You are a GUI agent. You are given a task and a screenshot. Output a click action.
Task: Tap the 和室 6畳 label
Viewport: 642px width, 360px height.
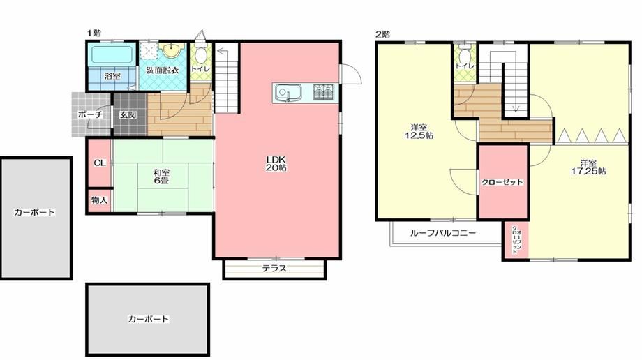(160, 177)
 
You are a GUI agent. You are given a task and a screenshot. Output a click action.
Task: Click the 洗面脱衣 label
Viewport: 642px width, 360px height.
(161, 70)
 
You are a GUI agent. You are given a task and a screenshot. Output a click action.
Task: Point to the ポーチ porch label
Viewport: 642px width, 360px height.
(90, 114)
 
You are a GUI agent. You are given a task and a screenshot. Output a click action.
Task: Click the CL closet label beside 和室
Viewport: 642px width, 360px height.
(99, 163)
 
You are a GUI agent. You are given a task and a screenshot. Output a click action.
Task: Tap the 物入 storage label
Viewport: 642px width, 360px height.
(99, 200)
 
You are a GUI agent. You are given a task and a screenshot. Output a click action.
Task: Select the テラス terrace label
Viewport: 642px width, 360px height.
(274, 269)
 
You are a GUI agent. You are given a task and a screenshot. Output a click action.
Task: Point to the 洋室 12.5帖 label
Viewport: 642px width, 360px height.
(419, 131)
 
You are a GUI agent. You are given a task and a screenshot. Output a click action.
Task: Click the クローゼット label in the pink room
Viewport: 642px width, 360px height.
(502, 182)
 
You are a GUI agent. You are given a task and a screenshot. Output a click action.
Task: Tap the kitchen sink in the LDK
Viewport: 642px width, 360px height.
(287, 91)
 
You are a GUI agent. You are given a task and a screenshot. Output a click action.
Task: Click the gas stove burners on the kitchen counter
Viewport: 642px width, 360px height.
(323, 91)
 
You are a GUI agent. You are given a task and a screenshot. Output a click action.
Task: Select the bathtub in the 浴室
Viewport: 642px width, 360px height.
(111, 54)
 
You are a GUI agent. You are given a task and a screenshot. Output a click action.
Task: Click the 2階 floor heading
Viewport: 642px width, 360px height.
(382, 33)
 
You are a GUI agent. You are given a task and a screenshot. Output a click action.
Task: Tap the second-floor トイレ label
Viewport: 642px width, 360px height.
(465, 66)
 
